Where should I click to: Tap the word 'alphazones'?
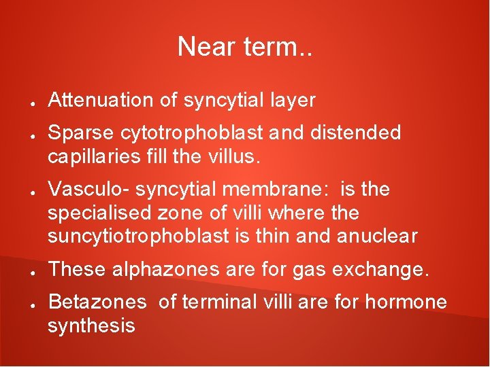(161, 270)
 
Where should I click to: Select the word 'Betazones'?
(97, 302)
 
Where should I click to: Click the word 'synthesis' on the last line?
(91, 326)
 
